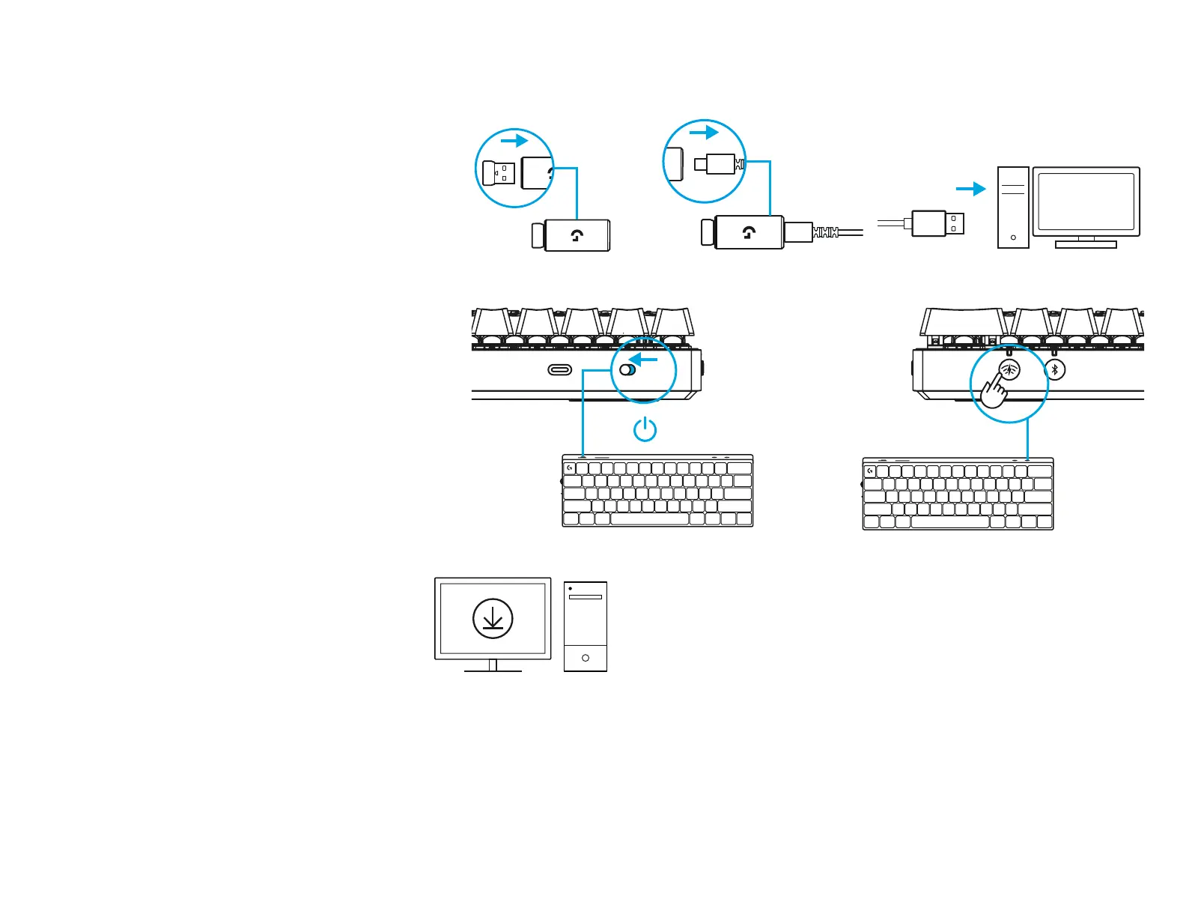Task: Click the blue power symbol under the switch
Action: tap(645, 429)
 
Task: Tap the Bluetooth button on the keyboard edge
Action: tap(1055, 369)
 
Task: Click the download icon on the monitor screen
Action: tap(493, 619)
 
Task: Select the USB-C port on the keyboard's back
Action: tap(560, 369)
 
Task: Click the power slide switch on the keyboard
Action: tap(627, 369)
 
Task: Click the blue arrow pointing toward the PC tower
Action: tap(971, 189)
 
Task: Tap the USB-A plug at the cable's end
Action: tap(937, 223)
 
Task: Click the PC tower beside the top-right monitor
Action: tap(1013, 208)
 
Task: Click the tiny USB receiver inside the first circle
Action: tap(498, 173)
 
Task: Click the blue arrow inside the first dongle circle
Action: tap(514, 141)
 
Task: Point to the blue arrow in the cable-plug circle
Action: tap(704, 133)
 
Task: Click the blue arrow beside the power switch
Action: tap(643, 360)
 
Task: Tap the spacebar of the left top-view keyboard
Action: tap(649, 518)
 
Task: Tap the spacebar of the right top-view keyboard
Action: tap(949, 522)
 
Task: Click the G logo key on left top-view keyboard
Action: tap(570, 468)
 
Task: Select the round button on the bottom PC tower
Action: tap(586, 658)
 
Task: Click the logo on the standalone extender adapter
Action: tap(577, 236)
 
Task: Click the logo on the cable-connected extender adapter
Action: tap(749, 232)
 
